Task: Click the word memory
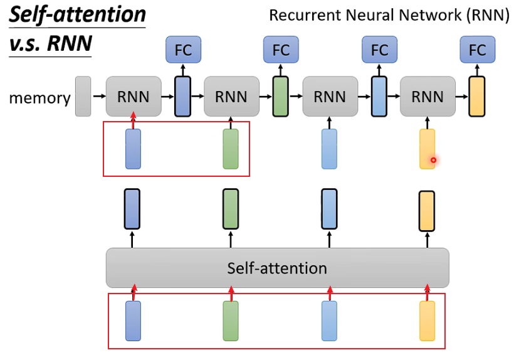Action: click(x=39, y=98)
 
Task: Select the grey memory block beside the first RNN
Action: click(x=83, y=97)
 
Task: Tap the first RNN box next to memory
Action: click(x=134, y=97)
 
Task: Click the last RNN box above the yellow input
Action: click(x=427, y=97)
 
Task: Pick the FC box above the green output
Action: click(x=281, y=50)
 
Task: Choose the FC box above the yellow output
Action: click(x=478, y=50)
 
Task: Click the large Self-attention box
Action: click(x=278, y=268)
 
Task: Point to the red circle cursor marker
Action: click(x=433, y=161)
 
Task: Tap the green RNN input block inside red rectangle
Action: click(x=231, y=149)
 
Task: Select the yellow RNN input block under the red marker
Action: click(x=427, y=149)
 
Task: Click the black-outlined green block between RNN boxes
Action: click(x=280, y=97)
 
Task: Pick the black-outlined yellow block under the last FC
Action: click(x=477, y=97)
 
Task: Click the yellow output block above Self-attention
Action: click(x=427, y=211)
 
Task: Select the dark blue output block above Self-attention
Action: click(x=132, y=209)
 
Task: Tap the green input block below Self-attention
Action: click(x=231, y=321)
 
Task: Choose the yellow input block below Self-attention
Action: click(x=427, y=321)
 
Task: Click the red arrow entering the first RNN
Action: click(x=134, y=120)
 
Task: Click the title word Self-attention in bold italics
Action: click(x=78, y=14)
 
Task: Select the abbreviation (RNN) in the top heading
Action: click(x=488, y=15)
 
